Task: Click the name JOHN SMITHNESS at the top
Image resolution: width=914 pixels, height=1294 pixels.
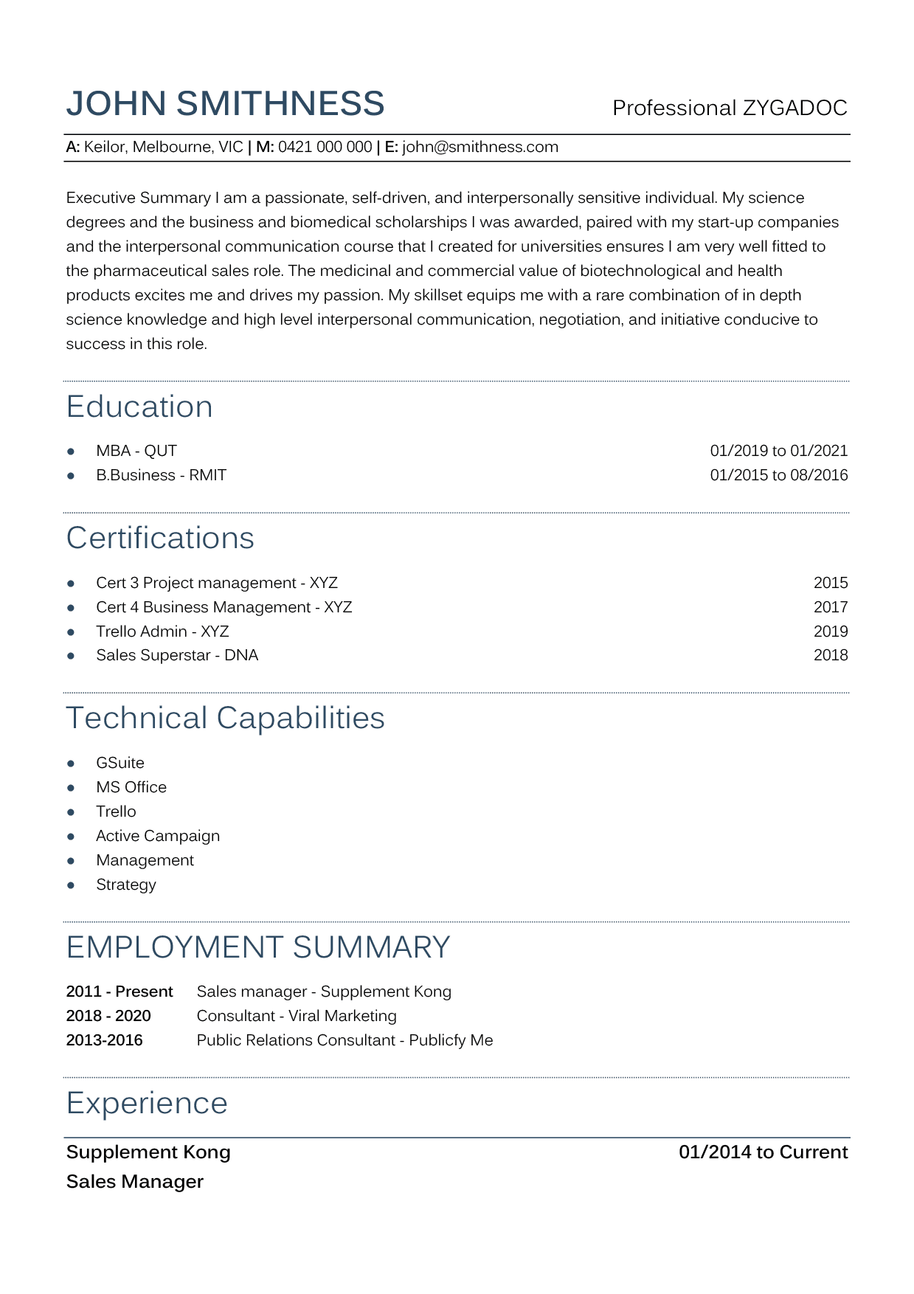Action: coord(225,104)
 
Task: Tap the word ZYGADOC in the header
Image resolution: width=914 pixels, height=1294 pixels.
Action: coord(794,108)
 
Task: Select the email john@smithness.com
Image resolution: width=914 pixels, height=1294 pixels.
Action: coord(480,147)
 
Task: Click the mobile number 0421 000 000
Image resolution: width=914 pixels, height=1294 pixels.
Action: coord(325,147)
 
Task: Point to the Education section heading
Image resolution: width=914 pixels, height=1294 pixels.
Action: coord(139,407)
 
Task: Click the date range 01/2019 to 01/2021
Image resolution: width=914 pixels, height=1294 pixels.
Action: coord(778,451)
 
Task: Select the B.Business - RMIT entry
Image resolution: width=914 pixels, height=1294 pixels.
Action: coord(161,475)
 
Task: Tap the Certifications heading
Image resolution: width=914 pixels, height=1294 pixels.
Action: coord(160,539)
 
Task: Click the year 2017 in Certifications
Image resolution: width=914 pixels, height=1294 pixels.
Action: coord(830,607)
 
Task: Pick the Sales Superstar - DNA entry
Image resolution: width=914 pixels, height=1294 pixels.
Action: coord(177,655)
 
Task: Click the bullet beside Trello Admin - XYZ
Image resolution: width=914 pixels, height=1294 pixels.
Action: coord(71,632)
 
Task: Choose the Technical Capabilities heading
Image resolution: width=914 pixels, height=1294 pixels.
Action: coord(225,719)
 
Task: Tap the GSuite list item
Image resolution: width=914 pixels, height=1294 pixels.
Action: coord(120,763)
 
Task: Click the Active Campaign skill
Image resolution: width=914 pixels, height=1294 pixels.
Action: coord(158,836)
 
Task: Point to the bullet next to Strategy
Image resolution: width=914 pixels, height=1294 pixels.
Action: coord(71,885)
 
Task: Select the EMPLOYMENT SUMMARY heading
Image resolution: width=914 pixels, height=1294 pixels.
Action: coord(258,948)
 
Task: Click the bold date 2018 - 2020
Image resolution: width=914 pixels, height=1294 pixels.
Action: coord(108,1016)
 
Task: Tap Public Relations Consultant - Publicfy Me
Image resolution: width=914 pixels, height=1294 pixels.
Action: coord(345,1040)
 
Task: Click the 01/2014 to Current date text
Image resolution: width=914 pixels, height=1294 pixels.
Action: coord(763,1152)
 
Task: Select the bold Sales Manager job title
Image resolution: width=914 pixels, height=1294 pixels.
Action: coord(135,1182)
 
